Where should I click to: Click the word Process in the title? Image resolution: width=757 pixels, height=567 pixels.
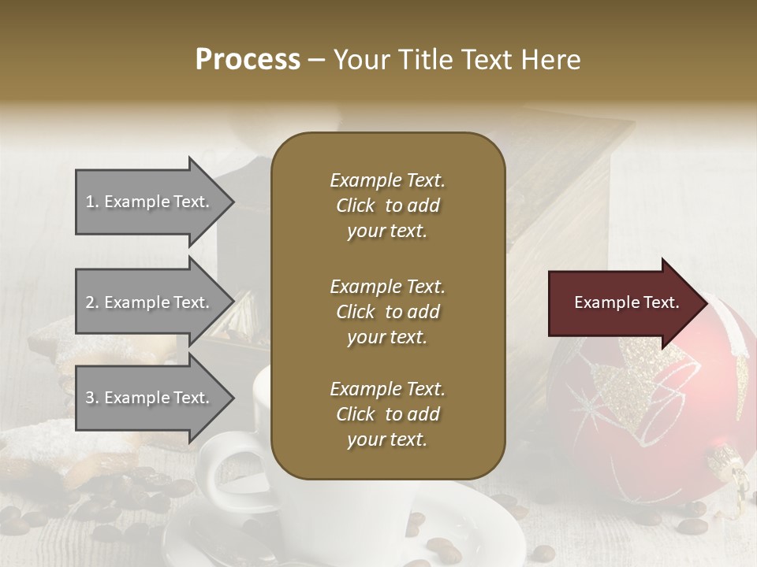[x=248, y=60]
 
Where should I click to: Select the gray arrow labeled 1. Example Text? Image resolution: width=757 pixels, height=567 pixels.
[x=150, y=202]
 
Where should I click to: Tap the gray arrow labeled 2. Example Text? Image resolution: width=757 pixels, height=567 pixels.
[x=150, y=302]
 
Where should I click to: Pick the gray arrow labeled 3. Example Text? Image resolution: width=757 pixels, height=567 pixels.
[x=150, y=398]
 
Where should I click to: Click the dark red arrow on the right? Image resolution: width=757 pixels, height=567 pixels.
[x=623, y=302]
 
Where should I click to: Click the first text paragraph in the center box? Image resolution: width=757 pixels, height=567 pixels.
[x=387, y=206]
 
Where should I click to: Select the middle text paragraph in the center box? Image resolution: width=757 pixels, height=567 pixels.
[x=387, y=312]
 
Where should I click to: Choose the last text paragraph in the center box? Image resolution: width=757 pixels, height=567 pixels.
[x=387, y=414]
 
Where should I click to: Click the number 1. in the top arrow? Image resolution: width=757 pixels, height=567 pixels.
[x=92, y=202]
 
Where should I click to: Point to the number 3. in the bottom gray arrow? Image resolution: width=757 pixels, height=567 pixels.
[x=92, y=398]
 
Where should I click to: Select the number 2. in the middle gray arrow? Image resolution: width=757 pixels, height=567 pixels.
[x=92, y=302]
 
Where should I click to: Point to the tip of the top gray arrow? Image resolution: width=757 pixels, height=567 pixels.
[x=233, y=202]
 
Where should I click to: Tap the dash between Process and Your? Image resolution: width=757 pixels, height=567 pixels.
[x=317, y=60]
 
